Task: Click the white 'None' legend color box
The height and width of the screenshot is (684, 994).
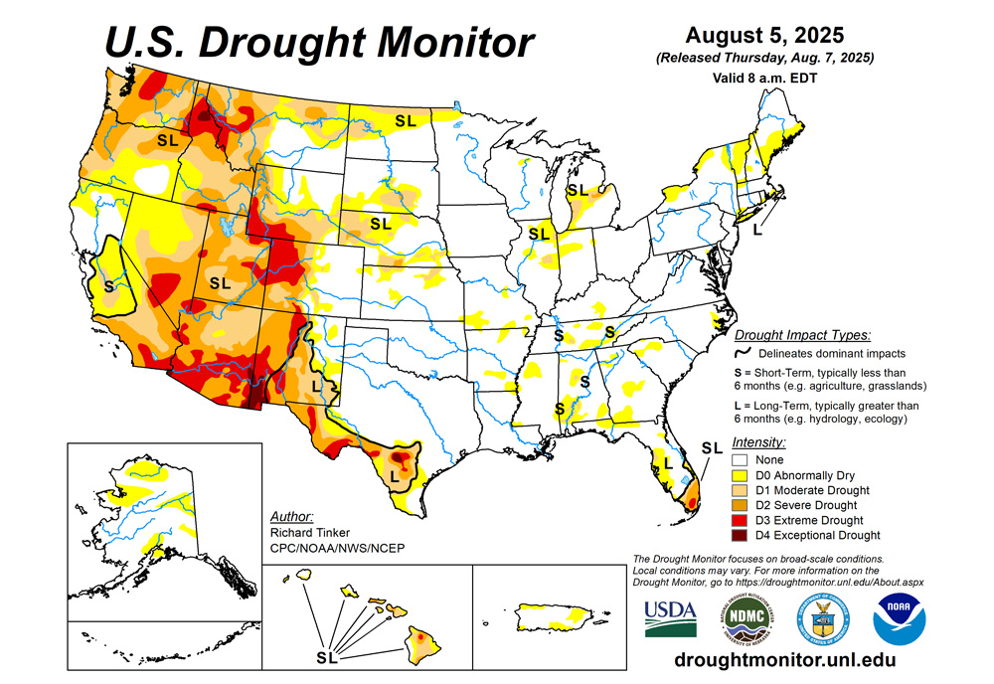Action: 739,460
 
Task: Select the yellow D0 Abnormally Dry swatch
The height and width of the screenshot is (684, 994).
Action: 739,475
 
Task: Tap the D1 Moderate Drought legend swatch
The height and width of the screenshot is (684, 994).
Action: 739,490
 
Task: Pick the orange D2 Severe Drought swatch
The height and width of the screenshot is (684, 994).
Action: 739,505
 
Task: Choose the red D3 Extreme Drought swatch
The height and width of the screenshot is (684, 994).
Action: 739,520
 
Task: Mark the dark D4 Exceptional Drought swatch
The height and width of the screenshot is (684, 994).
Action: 739,535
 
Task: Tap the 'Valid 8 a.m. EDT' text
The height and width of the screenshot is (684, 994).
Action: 763,78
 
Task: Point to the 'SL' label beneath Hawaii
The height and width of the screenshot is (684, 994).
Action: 325,657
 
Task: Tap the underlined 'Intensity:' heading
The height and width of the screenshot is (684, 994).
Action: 758,441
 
